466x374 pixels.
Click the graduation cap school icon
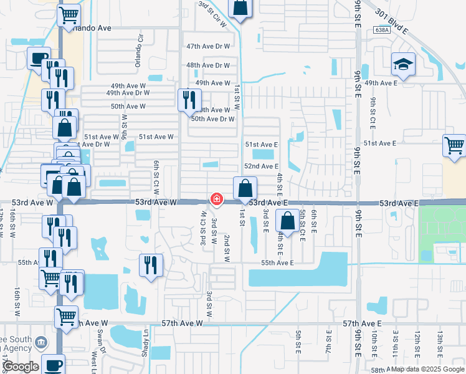402,64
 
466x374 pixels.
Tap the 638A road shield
383,29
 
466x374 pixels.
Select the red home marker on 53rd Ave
216,199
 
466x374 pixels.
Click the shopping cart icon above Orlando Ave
69,15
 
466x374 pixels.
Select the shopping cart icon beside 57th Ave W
66,316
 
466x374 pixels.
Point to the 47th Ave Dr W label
208,47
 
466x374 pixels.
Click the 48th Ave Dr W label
208,65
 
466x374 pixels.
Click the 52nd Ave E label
261,166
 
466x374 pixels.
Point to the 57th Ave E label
362,324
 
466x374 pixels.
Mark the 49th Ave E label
381,83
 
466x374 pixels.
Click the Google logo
21,367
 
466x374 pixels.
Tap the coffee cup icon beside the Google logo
54,364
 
